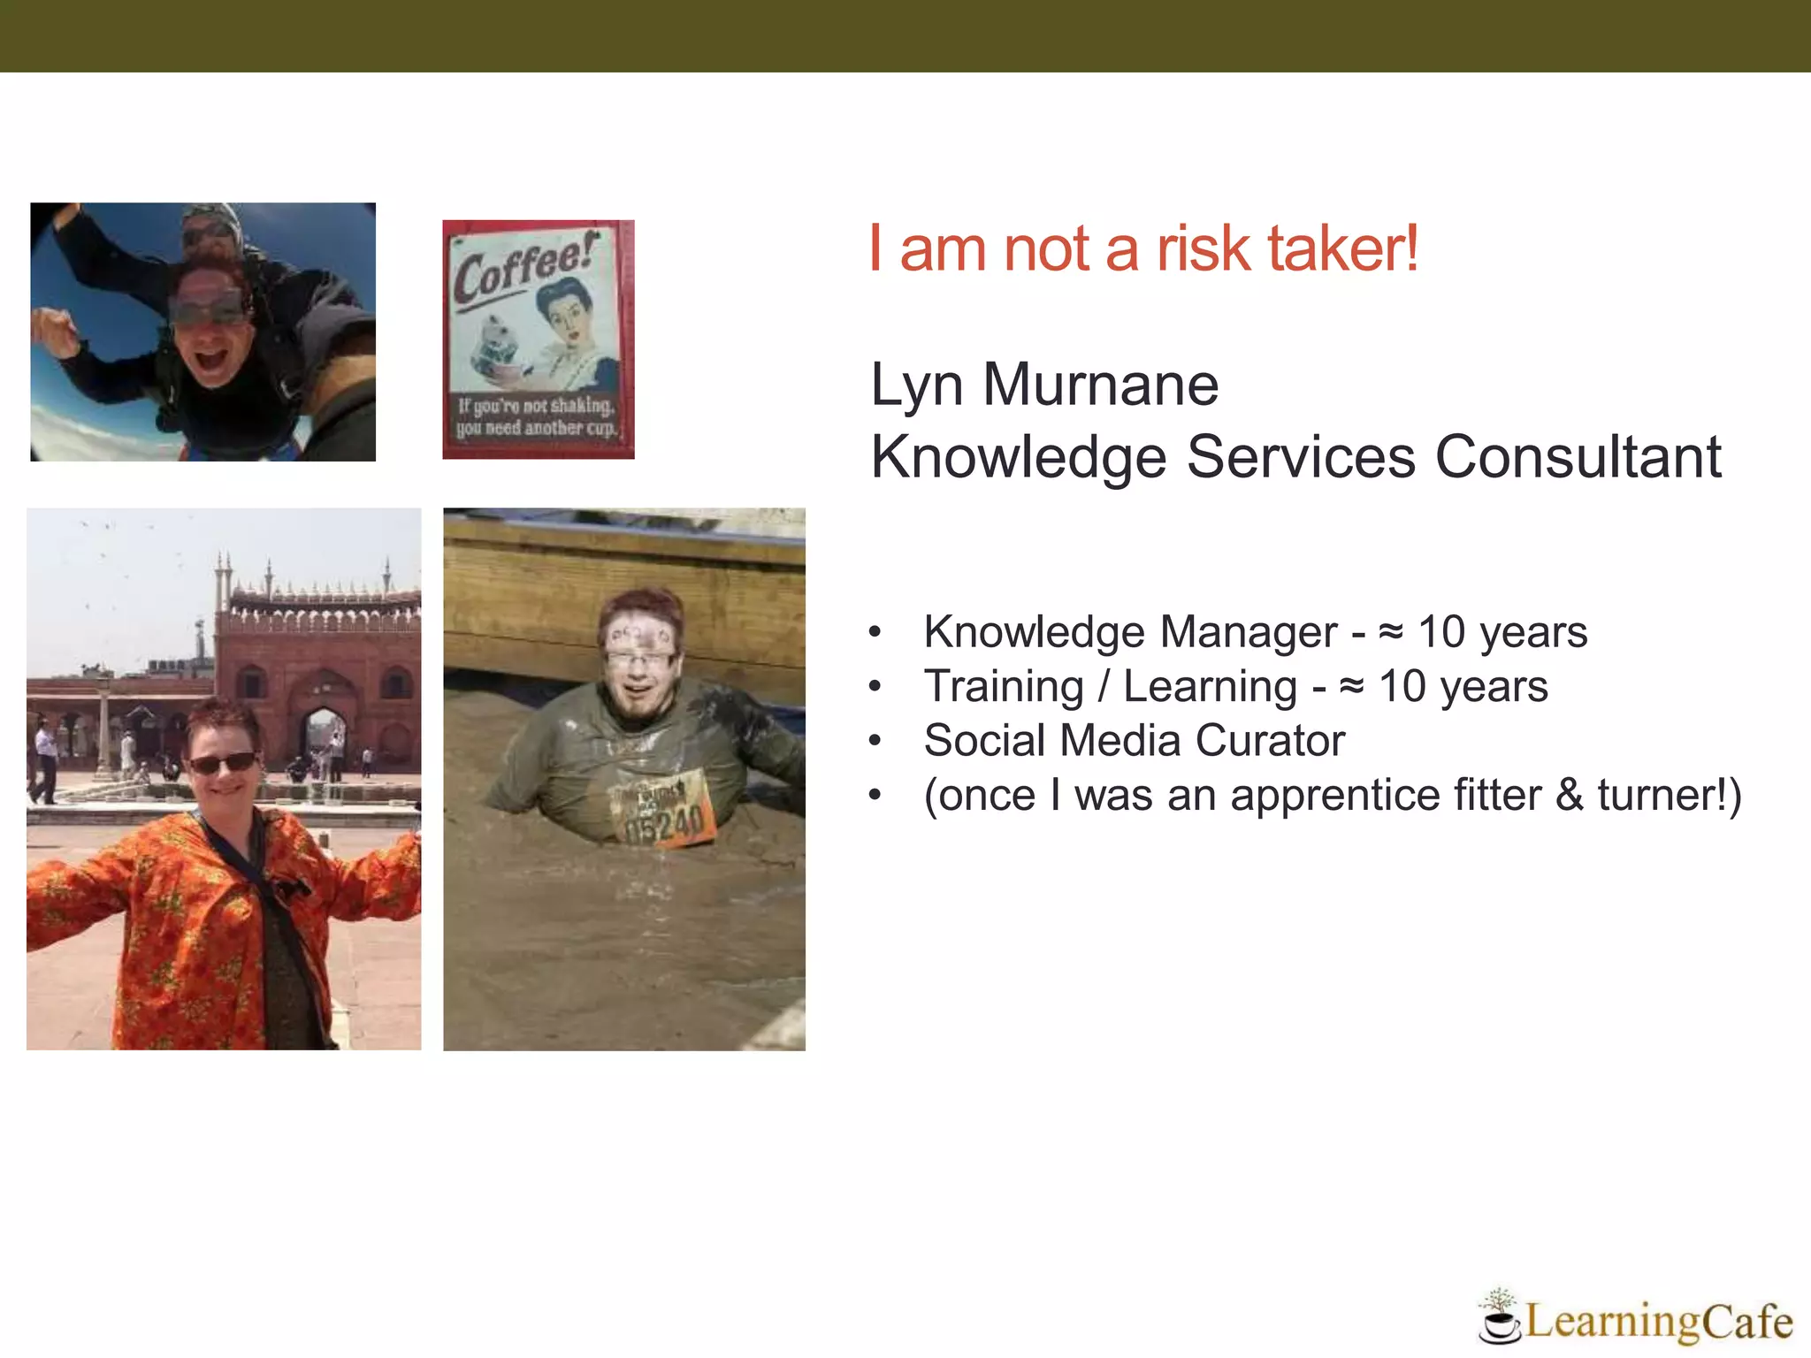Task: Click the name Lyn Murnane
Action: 1043,385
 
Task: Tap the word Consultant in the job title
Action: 1578,457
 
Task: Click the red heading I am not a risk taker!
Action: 1143,248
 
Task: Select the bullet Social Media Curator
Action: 1134,740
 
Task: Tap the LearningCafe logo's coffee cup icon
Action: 1499,1323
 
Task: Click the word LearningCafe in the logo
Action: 1658,1322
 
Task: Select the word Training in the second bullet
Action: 1003,686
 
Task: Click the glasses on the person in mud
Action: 639,657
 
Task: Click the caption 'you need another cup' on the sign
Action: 536,428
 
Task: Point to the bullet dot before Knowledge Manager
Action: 875,632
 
